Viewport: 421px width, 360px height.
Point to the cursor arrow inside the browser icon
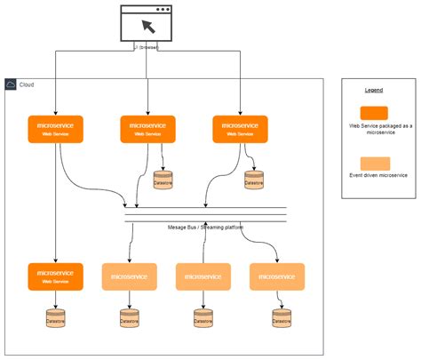coord(147,26)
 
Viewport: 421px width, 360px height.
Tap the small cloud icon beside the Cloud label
coord(11,84)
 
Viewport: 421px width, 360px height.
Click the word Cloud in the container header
coord(27,84)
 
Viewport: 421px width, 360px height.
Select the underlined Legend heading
coord(374,91)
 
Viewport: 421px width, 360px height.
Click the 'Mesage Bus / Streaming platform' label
coord(205,228)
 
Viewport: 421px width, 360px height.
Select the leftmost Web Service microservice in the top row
coord(55,129)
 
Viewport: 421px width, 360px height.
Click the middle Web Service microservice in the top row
coord(147,129)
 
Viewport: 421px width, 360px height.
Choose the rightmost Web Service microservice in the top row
coord(240,129)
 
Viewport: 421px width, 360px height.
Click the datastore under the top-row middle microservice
coord(163,180)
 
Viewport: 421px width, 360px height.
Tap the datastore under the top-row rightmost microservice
coord(254,180)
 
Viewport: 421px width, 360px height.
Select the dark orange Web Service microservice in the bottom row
coord(55,276)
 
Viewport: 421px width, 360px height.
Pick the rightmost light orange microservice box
coord(277,276)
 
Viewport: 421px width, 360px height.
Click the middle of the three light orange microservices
coord(203,276)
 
